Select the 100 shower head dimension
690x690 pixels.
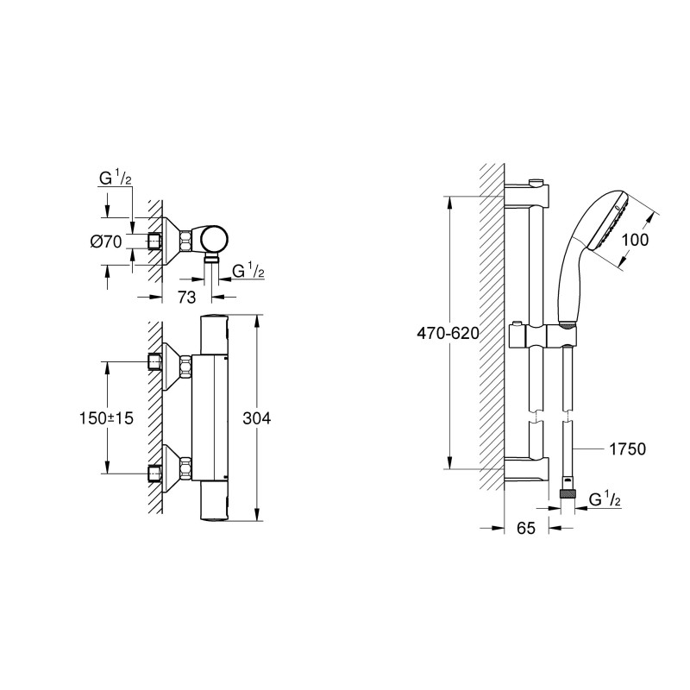[x=634, y=241]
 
